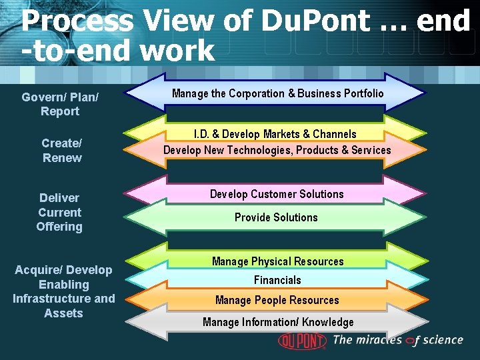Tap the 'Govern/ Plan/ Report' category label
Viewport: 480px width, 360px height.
60,104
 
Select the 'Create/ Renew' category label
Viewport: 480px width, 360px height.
61,150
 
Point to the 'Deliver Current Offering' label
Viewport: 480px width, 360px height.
59,212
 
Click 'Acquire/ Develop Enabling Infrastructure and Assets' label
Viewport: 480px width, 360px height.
63,291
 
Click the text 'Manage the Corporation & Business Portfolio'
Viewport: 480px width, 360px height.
277,93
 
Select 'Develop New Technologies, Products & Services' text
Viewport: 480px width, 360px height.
277,150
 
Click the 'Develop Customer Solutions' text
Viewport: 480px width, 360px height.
277,194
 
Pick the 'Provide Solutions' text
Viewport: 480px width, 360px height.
276,217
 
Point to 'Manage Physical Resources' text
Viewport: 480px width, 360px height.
277,261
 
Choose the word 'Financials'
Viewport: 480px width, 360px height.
277,280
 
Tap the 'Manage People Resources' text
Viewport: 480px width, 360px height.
277,300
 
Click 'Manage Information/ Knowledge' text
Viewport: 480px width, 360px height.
278,322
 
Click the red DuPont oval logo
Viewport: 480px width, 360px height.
302,340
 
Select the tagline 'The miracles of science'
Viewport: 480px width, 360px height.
397,340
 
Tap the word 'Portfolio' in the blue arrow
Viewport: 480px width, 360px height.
363,93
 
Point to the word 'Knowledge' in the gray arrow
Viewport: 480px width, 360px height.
327,322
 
